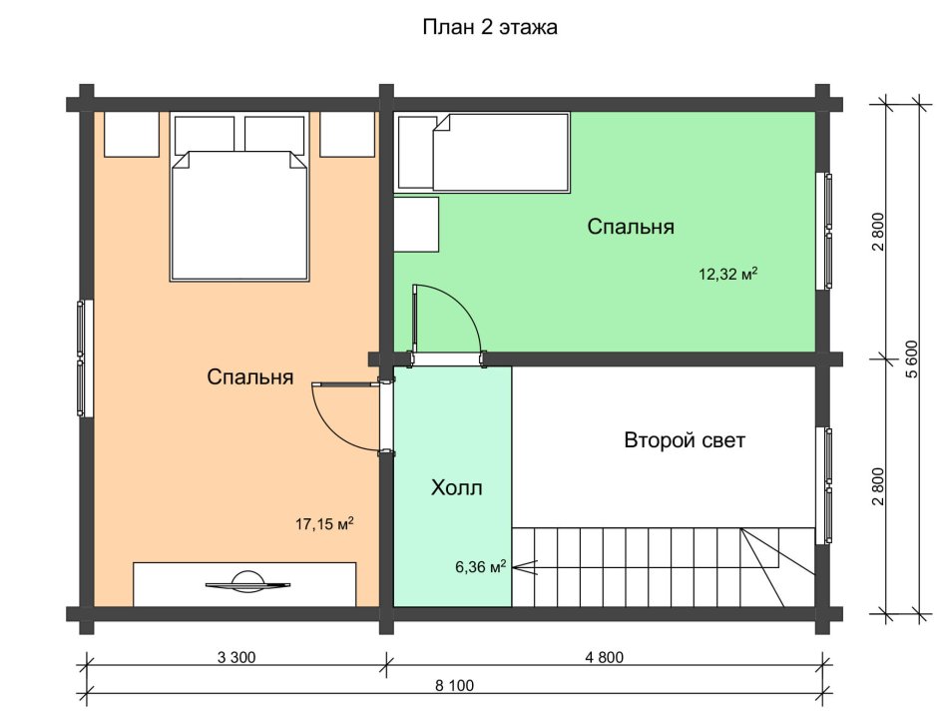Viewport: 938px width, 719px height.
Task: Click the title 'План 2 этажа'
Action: click(490, 28)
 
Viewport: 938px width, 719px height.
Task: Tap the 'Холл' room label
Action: click(456, 488)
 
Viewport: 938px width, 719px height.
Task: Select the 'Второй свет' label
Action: click(685, 440)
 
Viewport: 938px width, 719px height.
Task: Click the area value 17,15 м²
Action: click(324, 524)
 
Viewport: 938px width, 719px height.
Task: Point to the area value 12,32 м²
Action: click(728, 275)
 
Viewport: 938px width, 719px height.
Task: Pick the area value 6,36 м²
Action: click(481, 566)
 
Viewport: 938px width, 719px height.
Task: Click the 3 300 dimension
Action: click(236, 657)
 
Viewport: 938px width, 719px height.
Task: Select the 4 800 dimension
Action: click(604, 657)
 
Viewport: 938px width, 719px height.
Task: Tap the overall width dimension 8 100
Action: click(455, 685)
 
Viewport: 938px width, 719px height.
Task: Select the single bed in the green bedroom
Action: click(482, 153)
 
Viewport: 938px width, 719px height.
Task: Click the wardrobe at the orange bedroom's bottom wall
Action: click(244, 584)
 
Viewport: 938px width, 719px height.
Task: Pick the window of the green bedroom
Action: click(825, 231)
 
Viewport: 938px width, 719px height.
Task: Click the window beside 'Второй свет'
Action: click(825, 485)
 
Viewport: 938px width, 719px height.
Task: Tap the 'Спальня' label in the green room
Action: click(631, 227)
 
